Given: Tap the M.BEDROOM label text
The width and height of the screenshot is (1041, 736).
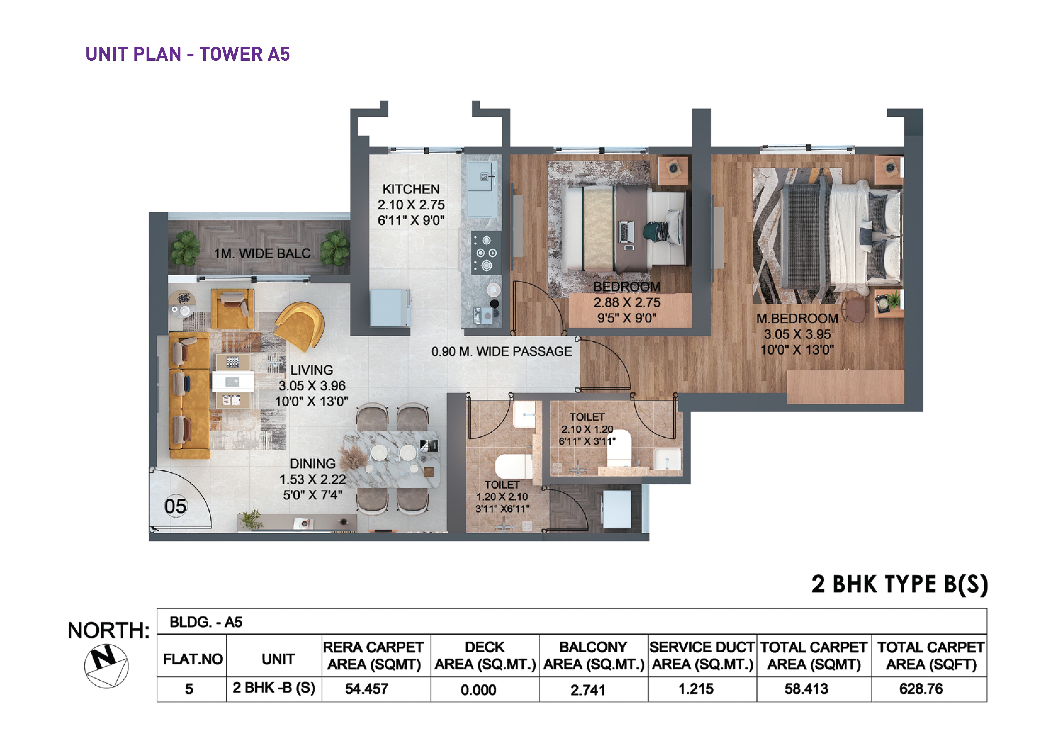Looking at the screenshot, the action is tap(797, 319).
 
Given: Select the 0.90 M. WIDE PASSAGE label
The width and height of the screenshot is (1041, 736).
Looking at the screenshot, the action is tap(502, 352).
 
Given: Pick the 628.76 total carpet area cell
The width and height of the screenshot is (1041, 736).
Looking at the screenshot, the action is tap(921, 689).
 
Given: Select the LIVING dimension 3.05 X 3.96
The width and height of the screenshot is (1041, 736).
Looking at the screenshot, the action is tap(312, 386).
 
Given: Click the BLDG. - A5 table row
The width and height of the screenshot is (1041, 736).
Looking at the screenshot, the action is tap(572, 622).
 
